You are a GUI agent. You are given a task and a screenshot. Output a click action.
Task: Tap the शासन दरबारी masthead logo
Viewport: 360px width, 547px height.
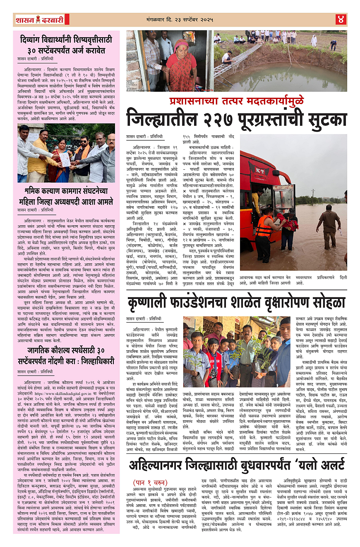point(39,19)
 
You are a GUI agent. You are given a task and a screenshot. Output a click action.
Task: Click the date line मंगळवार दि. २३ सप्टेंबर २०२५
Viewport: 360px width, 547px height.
point(182,19)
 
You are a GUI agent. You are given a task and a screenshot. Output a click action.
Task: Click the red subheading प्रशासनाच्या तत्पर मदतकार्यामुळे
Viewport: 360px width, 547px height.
point(237,101)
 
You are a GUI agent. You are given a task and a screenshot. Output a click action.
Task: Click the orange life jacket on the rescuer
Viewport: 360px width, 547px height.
point(264,226)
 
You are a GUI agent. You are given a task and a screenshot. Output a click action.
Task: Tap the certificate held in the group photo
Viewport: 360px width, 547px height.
point(65,160)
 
